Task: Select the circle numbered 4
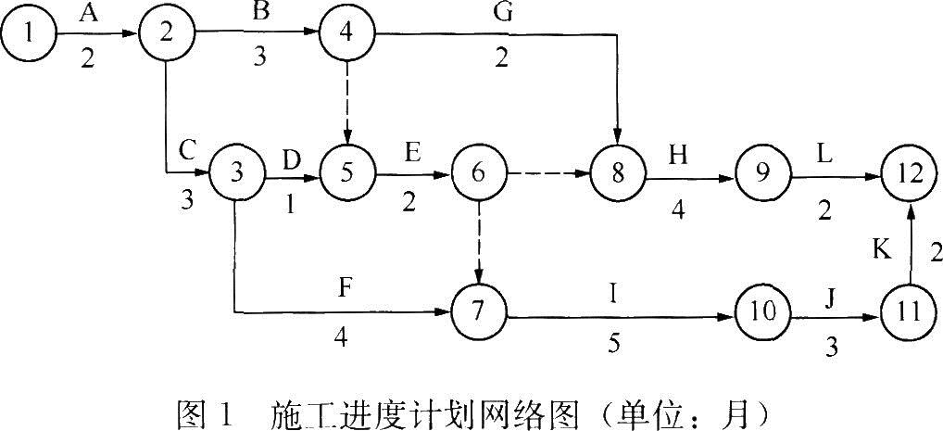(346, 35)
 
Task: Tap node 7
(478, 312)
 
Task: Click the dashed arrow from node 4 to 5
(346, 104)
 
